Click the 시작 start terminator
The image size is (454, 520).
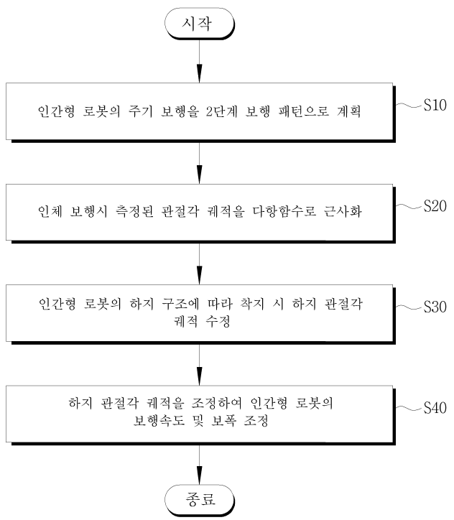point(200,24)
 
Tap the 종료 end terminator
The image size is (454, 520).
point(200,499)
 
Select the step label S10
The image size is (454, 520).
point(435,105)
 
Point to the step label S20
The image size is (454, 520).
point(435,206)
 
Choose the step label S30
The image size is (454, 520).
point(435,307)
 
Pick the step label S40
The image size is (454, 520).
point(435,408)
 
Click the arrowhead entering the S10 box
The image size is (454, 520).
point(199,74)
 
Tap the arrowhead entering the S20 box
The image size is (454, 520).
point(199,175)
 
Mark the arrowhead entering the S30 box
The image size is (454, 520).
point(199,276)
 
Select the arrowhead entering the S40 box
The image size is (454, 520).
point(199,376)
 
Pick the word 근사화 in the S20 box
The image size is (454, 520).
point(343,212)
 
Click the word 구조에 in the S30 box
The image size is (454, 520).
point(181,304)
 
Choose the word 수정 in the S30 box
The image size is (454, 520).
point(218,321)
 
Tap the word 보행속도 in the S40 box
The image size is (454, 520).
point(159,421)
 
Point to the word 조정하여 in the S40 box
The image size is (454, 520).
point(216,403)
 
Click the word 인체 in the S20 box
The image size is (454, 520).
point(50,212)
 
